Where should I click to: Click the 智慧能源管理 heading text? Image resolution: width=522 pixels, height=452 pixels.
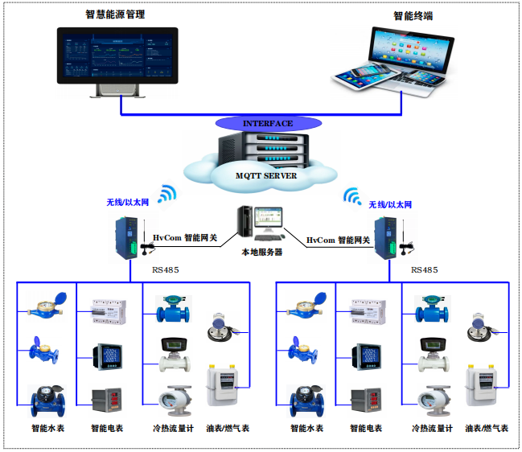tap(121, 14)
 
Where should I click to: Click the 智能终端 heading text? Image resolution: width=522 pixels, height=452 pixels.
tap(413, 15)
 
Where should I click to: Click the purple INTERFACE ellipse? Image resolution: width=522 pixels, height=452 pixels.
tap(268, 124)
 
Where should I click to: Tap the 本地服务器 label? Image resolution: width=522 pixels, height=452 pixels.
tap(262, 252)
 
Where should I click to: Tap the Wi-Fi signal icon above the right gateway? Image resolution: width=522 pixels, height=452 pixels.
tap(352, 196)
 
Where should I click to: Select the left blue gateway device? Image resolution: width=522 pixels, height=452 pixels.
tap(125, 236)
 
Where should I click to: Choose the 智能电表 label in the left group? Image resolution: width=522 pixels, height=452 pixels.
tap(107, 429)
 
